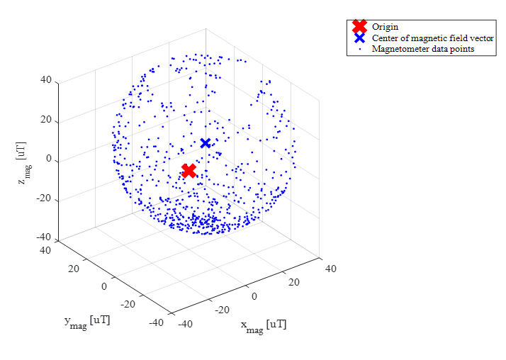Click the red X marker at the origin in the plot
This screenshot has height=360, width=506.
pyautogui.click(x=189, y=170)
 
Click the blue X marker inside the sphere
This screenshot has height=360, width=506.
pyautogui.click(x=206, y=143)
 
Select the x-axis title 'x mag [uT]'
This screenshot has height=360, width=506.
pyautogui.click(x=264, y=326)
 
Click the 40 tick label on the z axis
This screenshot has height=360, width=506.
pyautogui.click(x=46, y=80)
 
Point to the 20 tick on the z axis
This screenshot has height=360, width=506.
pyautogui.click(x=46, y=120)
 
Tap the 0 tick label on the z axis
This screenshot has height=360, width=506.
pyautogui.click(x=50, y=159)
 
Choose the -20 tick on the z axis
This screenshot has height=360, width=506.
pyautogui.click(x=44, y=199)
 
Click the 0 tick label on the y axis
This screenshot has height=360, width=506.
pyautogui.click(x=103, y=286)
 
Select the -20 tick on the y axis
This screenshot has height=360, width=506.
pyautogui.click(x=128, y=304)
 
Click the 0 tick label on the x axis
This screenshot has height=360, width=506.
pyautogui.click(x=255, y=295)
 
